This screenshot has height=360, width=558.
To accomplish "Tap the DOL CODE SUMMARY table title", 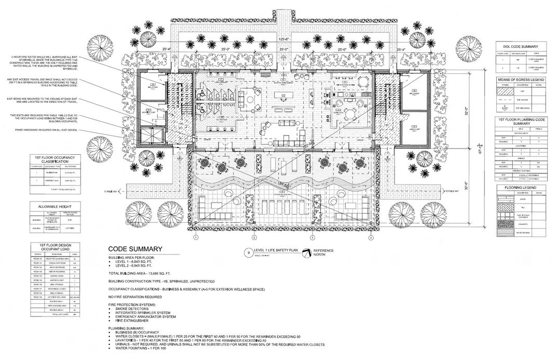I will coord(521,46).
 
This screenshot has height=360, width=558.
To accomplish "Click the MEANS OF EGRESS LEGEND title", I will coord(521,79).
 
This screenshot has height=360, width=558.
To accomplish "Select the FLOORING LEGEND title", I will coord(521,187).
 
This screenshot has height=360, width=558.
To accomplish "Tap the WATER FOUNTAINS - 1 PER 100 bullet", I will coord(137,349).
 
